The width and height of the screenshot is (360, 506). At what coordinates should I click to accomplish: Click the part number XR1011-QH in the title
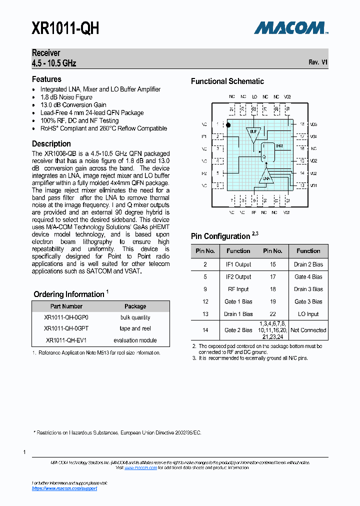[65, 28]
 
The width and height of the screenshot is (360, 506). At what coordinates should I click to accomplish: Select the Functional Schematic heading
[227, 81]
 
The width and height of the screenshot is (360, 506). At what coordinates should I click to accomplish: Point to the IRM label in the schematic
[279, 145]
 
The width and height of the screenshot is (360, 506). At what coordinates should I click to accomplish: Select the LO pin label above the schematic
[254, 96]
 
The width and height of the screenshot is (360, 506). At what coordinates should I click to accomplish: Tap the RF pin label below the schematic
[254, 212]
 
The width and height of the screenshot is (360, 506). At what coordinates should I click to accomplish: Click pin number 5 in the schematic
[218, 173]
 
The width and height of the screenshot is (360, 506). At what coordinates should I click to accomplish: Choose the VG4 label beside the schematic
[313, 136]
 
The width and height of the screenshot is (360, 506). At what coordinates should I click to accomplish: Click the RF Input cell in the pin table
[238, 289]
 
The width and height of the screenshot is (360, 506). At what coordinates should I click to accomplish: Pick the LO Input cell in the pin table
[308, 314]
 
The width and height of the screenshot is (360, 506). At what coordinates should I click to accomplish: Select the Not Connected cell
[308, 330]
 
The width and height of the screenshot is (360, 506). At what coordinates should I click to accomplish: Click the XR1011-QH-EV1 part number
[66, 340]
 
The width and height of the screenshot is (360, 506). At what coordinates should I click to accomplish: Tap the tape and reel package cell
[135, 328]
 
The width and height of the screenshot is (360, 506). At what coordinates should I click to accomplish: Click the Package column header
[135, 306]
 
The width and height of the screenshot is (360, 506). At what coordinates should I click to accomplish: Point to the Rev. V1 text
[318, 62]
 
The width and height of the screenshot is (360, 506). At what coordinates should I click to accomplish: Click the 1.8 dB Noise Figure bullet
[66, 97]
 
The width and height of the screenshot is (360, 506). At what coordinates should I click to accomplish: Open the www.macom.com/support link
[64, 488]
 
